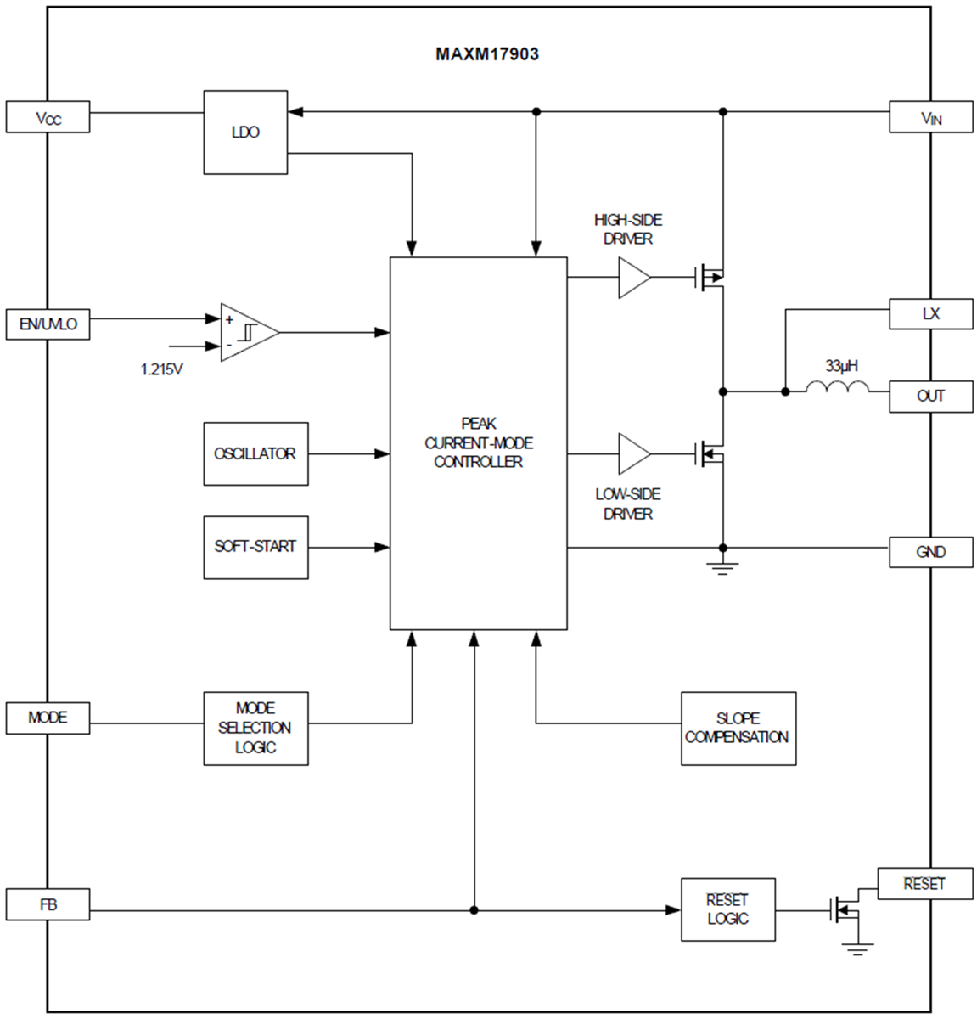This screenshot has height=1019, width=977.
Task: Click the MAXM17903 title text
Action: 487,54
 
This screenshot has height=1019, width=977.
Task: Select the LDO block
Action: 245,132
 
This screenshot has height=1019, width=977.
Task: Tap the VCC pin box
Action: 48,117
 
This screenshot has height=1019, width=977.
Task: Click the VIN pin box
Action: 930,117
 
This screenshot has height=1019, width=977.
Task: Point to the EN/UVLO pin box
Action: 48,324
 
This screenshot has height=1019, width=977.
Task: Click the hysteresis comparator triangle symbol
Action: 247,332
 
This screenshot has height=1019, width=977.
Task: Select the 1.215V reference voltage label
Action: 162,369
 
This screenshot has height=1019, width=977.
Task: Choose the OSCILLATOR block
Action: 255,454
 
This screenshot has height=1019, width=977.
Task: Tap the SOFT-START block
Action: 255,547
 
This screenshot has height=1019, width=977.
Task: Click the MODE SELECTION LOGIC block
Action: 255,729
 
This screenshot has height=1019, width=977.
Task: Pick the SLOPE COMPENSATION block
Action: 738,729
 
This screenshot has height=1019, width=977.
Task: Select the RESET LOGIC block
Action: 727,909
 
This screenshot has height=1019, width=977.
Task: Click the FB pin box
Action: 48,905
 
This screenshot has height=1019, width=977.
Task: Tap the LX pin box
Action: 930,313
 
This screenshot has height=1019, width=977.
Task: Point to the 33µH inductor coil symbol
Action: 837,389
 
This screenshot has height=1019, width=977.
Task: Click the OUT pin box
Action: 930,397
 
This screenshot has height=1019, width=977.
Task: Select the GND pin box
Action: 930,552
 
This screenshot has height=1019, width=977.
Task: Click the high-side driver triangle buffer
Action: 633,278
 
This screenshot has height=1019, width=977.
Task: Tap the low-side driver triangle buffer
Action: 633,454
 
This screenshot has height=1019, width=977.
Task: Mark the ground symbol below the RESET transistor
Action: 858,949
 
